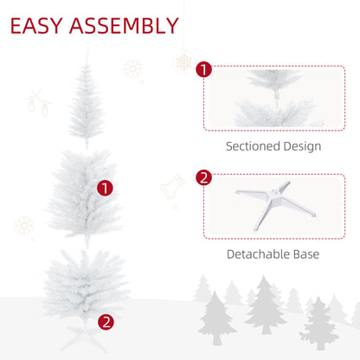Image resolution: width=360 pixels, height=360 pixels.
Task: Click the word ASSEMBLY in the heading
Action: coord(125,26)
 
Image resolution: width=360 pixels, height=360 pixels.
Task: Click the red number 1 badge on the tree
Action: coord(106,187)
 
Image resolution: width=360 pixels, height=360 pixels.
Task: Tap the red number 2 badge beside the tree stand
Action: coord(106,321)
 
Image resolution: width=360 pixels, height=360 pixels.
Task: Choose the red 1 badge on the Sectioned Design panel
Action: coord(204,69)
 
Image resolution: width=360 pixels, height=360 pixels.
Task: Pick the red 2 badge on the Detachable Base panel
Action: coord(204,178)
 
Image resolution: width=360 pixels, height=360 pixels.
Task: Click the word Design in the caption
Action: coord(303,146)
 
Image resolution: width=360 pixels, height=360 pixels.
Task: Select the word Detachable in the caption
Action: coord(258,254)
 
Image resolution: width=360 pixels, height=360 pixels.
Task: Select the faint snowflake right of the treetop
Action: coord(133,68)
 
